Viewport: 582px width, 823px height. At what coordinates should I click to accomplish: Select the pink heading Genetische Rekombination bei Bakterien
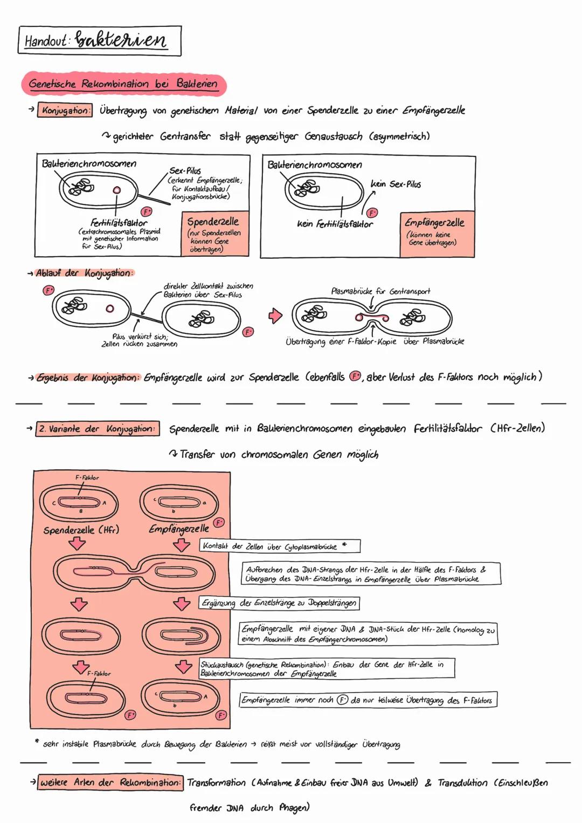(123, 84)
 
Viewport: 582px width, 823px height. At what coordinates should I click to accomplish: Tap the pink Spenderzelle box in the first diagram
(216, 234)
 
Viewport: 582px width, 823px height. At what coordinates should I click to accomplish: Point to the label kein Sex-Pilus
(396, 184)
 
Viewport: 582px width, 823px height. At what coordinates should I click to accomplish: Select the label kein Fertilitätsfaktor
(335, 223)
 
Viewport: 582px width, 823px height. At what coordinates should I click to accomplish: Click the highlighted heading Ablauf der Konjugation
(84, 273)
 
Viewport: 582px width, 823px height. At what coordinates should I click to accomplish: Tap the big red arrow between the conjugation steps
(275, 316)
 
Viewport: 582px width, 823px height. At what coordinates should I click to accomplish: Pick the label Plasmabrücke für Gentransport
(380, 291)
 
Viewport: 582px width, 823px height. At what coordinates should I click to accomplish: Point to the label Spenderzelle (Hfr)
(81, 530)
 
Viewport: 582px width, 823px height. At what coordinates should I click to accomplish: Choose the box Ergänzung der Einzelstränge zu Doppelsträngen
(279, 603)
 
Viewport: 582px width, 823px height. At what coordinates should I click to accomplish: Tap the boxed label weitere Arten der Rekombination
(110, 783)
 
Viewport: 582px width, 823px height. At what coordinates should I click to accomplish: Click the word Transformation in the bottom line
(217, 783)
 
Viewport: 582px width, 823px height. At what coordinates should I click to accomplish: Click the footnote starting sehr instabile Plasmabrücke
(221, 744)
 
